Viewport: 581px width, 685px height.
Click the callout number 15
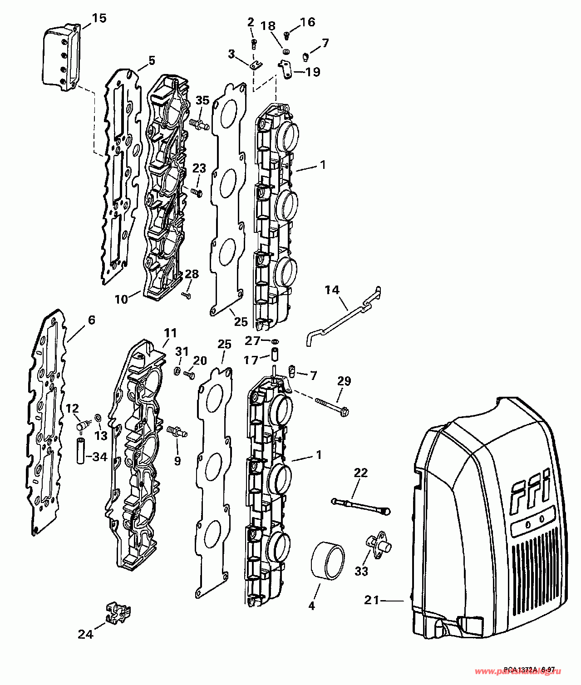point(99,19)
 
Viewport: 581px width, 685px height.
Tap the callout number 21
point(372,600)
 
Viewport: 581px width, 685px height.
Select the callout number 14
point(332,290)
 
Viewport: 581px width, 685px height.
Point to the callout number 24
point(85,634)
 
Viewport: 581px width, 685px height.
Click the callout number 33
point(361,571)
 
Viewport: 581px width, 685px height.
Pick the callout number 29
point(344,381)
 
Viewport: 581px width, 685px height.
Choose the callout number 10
point(121,300)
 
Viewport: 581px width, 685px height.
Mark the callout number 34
point(99,456)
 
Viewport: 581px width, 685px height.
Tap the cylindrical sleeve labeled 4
point(327,560)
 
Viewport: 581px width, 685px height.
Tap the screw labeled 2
point(254,44)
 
